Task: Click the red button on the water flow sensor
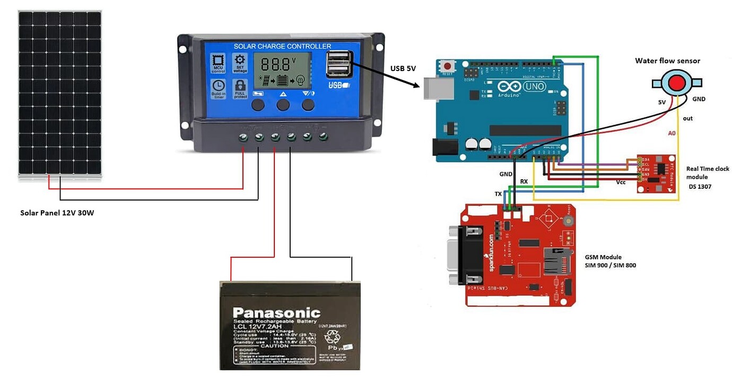point(676,83)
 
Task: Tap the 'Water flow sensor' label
point(667,61)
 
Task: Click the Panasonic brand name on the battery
point(276,313)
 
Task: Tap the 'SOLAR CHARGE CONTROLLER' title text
point(282,46)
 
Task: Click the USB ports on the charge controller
point(338,64)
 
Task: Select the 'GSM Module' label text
point(603,257)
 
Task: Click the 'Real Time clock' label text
point(708,169)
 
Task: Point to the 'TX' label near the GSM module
point(498,194)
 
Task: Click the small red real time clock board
point(657,173)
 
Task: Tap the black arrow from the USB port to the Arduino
point(385,75)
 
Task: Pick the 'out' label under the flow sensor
point(687,118)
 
